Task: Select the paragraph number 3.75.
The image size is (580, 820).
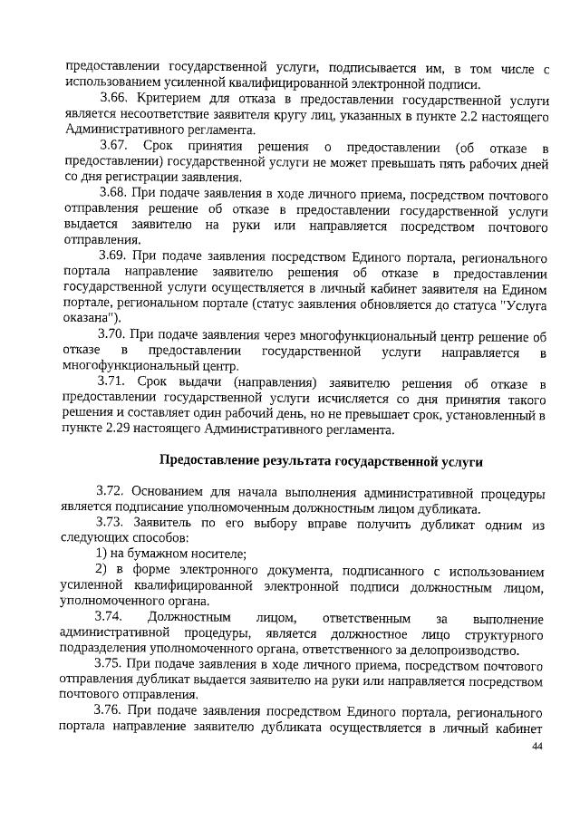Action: pos(111,664)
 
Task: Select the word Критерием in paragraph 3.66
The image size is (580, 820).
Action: pos(171,97)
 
